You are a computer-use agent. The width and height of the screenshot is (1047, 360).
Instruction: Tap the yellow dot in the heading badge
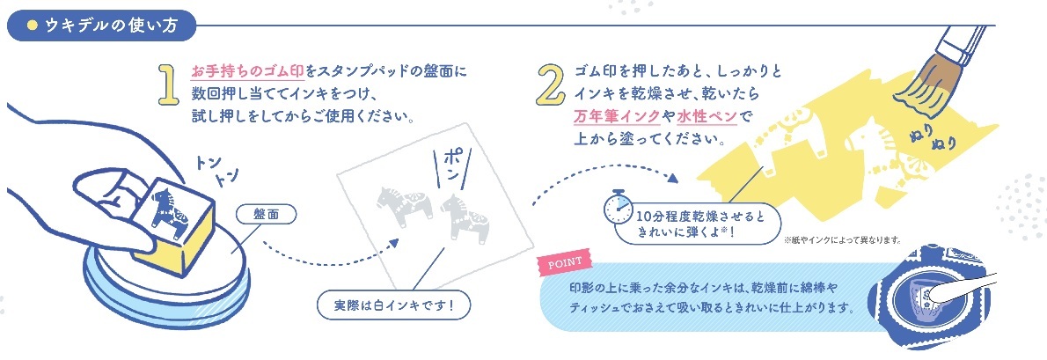pyautogui.click(x=31, y=26)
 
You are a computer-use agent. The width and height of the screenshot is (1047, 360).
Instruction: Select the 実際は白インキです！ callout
pyautogui.click(x=394, y=306)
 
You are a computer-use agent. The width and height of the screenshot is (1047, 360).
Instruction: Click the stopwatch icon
pyautogui.click(x=618, y=208)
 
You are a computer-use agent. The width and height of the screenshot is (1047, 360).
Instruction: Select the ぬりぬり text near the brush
pyautogui.click(x=934, y=135)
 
